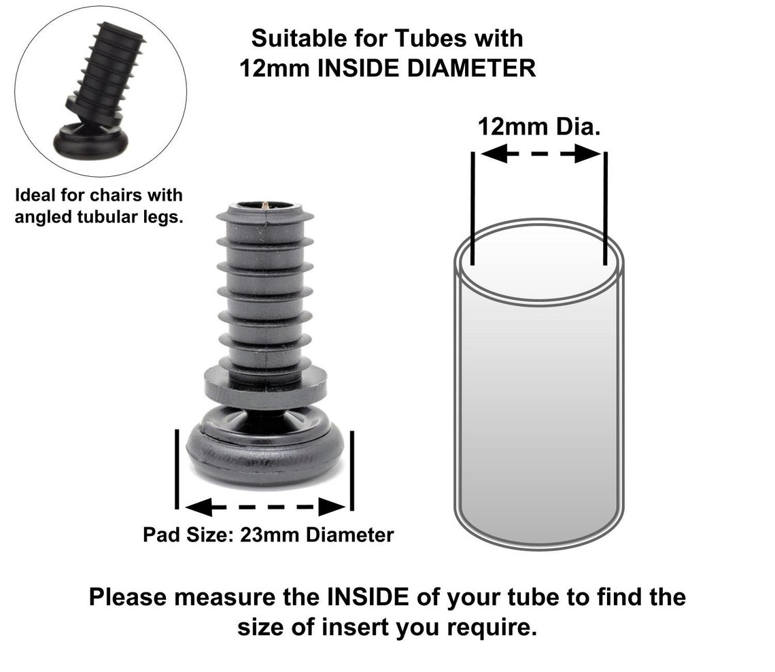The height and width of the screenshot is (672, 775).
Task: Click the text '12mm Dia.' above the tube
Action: (x=538, y=127)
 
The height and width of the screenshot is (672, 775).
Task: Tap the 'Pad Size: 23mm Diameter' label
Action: (x=268, y=535)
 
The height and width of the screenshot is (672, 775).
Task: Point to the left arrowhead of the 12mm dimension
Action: (x=492, y=154)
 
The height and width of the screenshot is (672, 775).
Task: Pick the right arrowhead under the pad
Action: (x=332, y=507)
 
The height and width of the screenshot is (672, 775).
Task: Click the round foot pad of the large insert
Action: (x=265, y=452)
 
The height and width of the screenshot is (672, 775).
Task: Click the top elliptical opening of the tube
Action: (x=538, y=262)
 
